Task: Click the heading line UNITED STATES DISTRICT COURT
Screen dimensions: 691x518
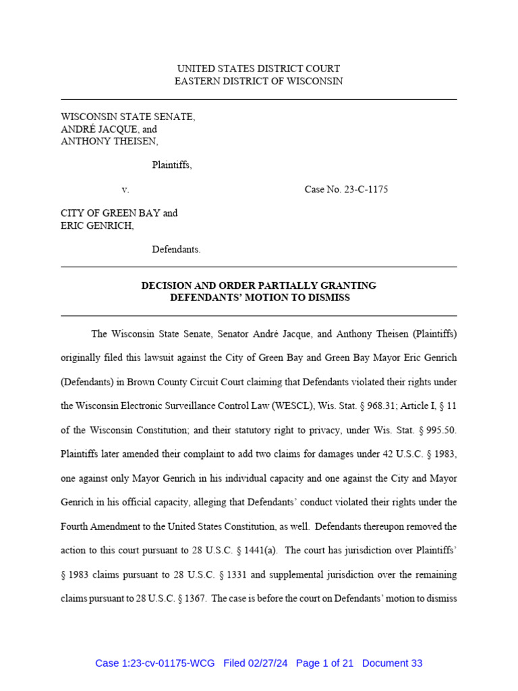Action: (258, 69)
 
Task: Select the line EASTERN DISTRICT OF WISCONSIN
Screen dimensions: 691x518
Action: (258, 81)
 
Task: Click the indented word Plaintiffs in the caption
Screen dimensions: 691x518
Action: (171, 165)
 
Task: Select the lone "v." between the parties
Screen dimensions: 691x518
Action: (125, 190)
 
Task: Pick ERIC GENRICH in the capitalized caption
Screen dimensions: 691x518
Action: (96, 225)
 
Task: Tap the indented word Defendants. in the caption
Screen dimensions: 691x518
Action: (176, 250)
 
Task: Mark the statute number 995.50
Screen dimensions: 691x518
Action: (442, 430)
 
